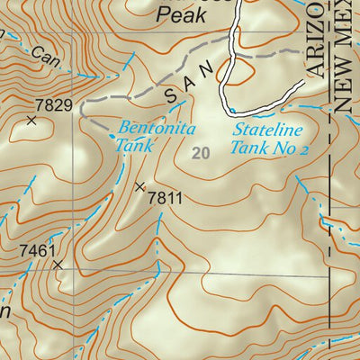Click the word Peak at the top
[x=177, y=13]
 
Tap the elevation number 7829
[x=54, y=105]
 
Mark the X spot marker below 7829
[x=32, y=120]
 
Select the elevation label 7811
[x=165, y=197]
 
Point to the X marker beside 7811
[x=139, y=187]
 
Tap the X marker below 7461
[x=58, y=265]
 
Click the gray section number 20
[x=201, y=154]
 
